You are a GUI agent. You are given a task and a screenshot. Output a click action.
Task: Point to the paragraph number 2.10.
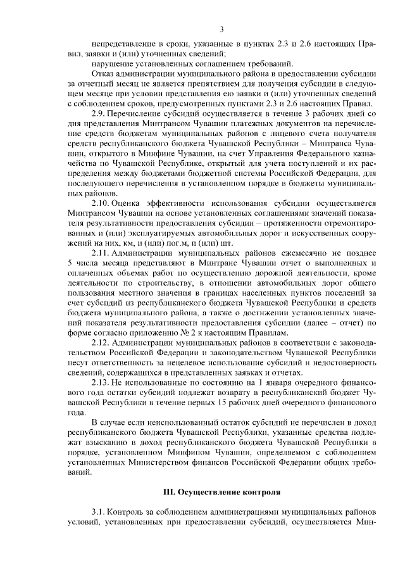101,203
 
